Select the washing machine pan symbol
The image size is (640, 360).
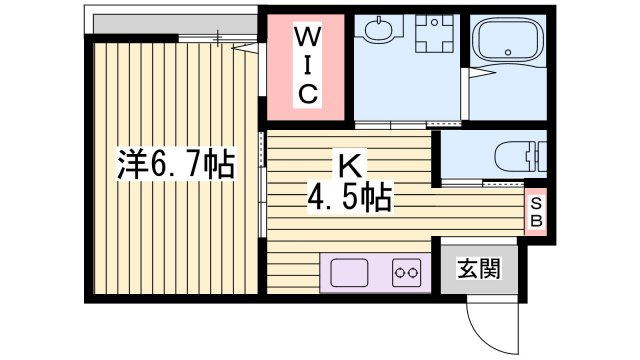point(434,37)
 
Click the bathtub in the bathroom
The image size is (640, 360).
point(509,43)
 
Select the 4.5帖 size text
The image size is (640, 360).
point(349,196)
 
